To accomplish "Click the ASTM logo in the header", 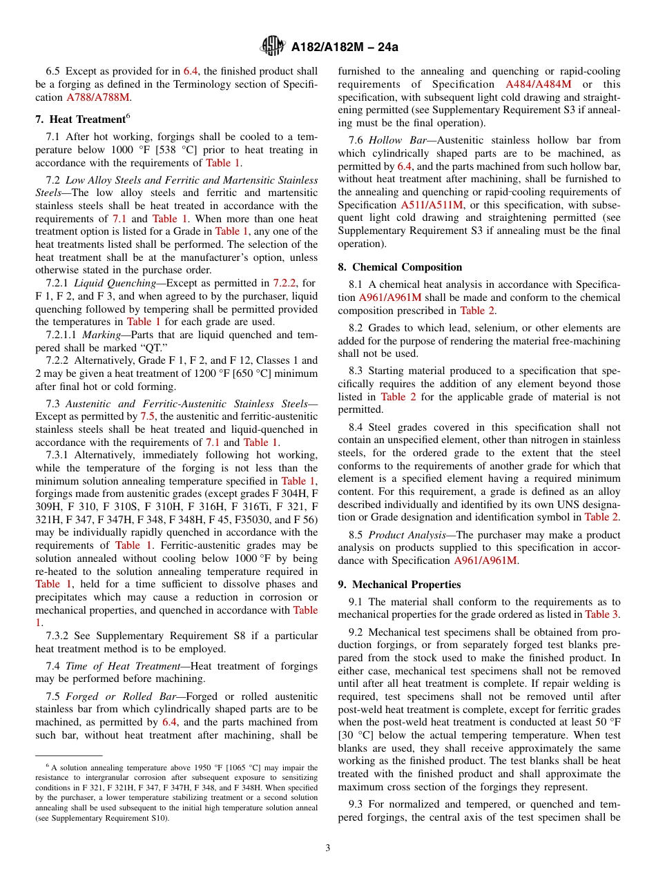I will coord(272,46).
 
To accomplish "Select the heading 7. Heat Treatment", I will coord(81,119).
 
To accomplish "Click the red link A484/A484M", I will coord(538,84).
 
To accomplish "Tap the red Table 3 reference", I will coord(601,614).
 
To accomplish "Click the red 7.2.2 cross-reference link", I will coord(284,283).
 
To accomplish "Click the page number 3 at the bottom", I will coord(327,848).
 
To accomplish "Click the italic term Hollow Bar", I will coord(389,140).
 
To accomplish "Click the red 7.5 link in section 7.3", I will coord(148,416).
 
